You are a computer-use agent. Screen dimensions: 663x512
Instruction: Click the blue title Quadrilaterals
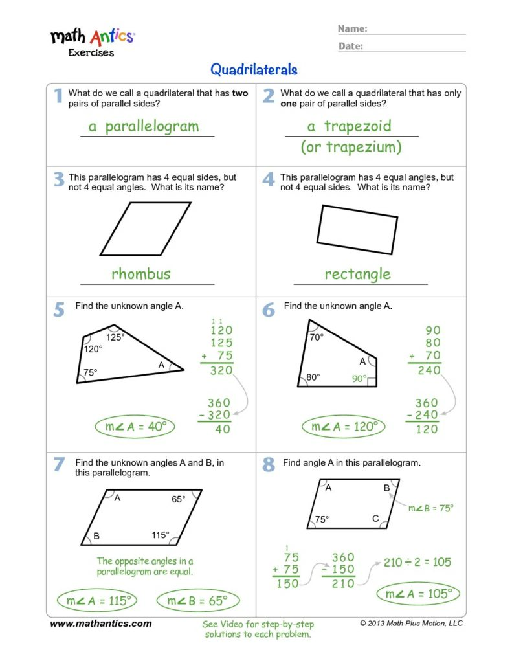(x=254, y=69)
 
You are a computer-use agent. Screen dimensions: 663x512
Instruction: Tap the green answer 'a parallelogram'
(x=144, y=126)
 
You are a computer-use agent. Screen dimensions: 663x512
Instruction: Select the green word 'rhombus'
(x=140, y=273)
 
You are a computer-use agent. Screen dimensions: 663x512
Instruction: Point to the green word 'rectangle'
(x=357, y=274)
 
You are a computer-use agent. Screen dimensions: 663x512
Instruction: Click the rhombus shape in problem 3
(x=146, y=229)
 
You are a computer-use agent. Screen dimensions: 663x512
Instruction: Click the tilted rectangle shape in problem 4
(x=357, y=230)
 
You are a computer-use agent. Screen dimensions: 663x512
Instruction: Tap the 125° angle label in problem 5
(x=115, y=337)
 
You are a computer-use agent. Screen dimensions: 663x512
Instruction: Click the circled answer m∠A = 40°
(x=135, y=427)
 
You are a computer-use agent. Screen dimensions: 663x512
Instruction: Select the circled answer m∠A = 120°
(x=343, y=427)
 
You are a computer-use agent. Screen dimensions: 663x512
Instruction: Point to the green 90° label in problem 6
(x=359, y=379)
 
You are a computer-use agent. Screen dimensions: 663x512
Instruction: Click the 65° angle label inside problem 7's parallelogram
(x=178, y=499)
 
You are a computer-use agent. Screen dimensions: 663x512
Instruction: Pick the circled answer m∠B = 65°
(x=197, y=601)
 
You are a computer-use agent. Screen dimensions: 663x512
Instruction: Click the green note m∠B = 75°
(x=430, y=508)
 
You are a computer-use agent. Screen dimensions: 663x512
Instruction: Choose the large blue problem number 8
(x=269, y=464)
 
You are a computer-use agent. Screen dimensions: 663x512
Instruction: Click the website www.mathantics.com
(x=101, y=624)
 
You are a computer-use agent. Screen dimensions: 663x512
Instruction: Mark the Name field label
(x=352, y=28)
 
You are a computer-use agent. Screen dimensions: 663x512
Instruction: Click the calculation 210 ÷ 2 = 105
(x=417, y=562)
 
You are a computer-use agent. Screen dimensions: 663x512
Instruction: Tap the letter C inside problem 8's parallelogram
(x=375, y=519)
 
